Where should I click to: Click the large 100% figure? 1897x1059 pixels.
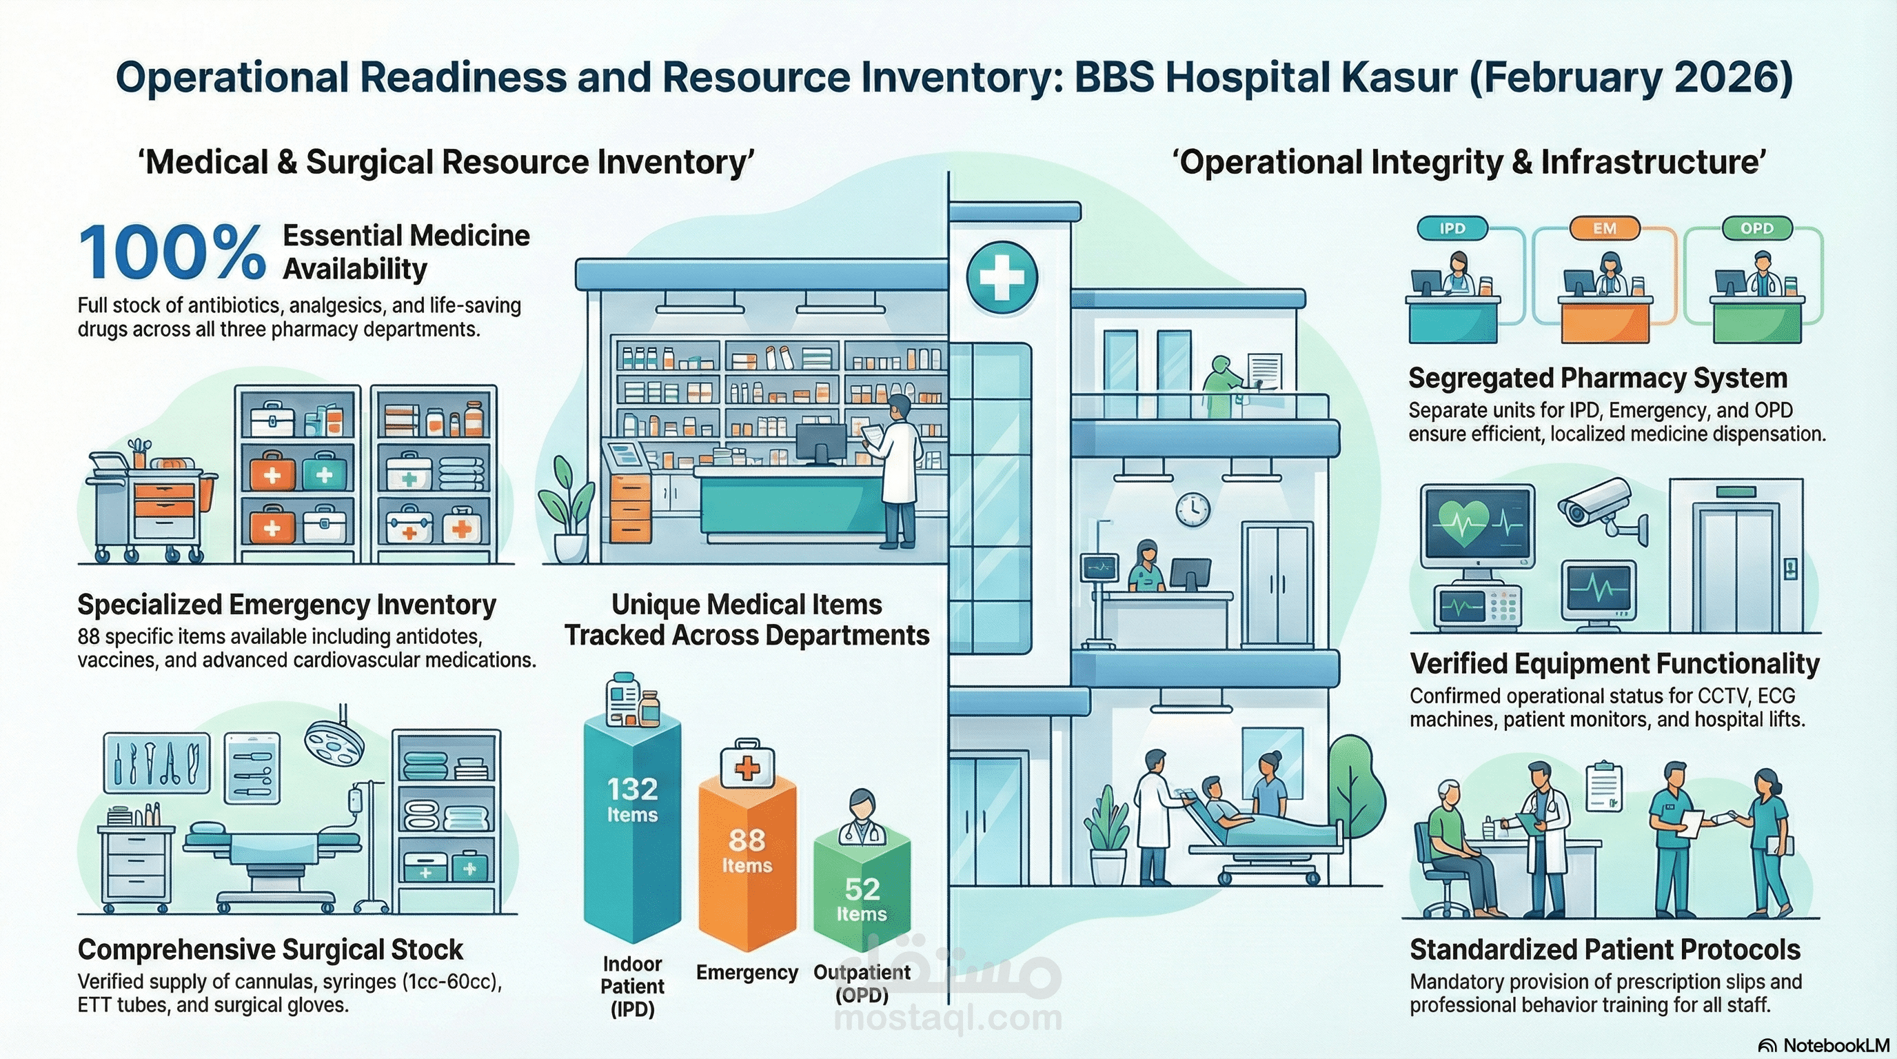[171, 253]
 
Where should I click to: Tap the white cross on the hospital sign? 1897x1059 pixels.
[1002, 278]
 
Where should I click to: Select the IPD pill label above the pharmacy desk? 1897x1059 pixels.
[1452, 228]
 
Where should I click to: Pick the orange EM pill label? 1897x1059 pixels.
[1605, 228]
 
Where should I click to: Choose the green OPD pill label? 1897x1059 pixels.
[1756, 228]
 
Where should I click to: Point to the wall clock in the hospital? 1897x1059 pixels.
[1193, 509]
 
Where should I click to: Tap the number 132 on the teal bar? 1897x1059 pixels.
[632, 789]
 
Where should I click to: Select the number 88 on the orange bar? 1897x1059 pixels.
[747, 840]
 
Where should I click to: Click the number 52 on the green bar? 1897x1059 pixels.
[862, 889]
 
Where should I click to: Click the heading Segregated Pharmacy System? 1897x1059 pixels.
[1597, 378]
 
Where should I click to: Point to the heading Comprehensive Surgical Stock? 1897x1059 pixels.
[270, 950]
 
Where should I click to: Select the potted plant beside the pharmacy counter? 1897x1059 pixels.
[565, 508]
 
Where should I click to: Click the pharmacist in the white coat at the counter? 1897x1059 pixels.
[897, 472]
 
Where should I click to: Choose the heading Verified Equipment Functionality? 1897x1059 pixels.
[1614, 663]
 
